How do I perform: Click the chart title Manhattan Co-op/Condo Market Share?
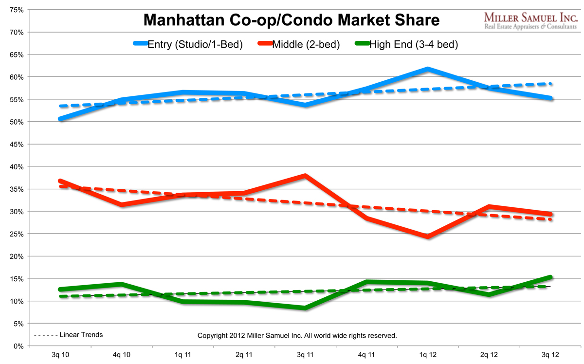click(292, 20)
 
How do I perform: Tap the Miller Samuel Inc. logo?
click(530, 20)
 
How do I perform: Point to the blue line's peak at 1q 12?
click(427, 69)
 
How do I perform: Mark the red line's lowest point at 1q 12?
click(427, 237)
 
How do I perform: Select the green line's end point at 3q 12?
click(550, 277)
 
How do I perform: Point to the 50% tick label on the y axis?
click(17, 122)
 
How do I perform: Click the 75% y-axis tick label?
click(17, 10)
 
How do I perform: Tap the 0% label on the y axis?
click(19, 346)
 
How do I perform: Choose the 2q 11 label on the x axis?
click(244, 356)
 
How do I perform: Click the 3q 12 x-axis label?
click(550, 356)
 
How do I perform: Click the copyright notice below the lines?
click(297, 336)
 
